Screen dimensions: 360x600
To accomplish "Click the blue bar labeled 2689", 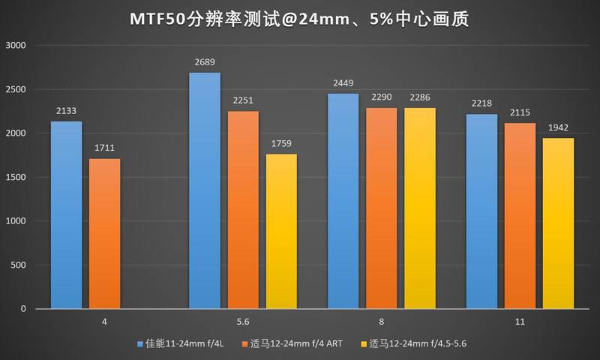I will point(204,190).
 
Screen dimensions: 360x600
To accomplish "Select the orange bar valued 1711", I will point(104,233).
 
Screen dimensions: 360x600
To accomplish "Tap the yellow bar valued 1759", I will point(281,231).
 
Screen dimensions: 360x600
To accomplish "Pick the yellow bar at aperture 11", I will point(558,223).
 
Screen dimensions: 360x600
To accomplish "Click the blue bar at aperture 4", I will point(67,214).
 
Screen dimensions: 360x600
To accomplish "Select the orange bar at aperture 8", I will point(381,208).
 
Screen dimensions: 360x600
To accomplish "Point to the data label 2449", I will point(343,83).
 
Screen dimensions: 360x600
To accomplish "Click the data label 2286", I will point(419,97).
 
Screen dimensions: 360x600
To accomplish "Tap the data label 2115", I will point(520,112).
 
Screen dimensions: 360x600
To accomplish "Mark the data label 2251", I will point(243,100).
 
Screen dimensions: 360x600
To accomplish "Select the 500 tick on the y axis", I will point(19,265).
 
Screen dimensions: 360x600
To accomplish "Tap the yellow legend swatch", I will point(364,344).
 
